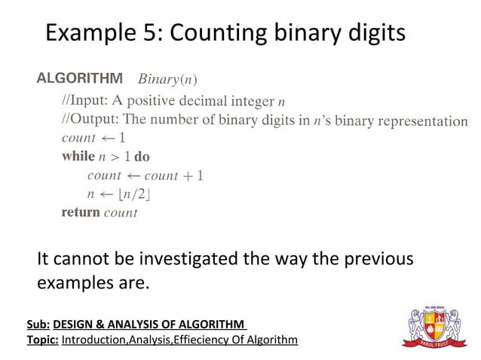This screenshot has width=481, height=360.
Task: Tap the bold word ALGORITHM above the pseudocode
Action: point(80,78)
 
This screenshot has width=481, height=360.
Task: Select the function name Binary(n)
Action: point(168,78)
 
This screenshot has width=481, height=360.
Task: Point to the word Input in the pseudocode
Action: point(90,99)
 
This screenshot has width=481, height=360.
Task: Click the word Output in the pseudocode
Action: point(94,119)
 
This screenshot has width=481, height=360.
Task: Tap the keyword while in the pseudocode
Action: point(78,157)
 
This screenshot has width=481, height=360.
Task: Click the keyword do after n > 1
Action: point(142,157)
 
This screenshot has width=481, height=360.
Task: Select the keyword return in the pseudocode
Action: point(80,212)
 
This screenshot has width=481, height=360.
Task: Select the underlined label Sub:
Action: point(38,324)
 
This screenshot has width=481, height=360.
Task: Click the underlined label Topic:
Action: point(42,340)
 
